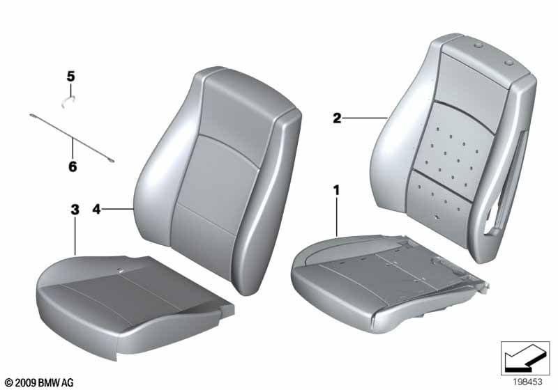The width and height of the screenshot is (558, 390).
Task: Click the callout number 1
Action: (336, 189)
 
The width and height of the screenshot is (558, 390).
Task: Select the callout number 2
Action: (337, 118)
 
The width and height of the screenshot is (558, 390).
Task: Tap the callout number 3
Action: (75, 209)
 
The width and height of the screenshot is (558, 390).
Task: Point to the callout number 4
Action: (97, 208)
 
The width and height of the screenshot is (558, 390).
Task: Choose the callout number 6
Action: (73, 167)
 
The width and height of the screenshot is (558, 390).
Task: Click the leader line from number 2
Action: (366, 119)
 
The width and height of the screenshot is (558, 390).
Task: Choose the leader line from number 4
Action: (119, 208)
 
